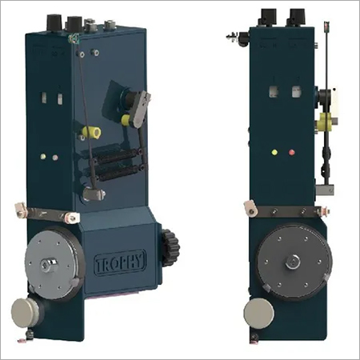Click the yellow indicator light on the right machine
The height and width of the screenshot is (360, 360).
pyautogui.click(x=274, y=150)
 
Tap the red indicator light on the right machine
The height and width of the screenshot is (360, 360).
pyautogui.click(x=292, y=150)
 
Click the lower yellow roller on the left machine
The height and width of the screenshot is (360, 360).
pyautogui.click(x=85, y=132)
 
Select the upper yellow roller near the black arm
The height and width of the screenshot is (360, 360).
pyautogui.click(x=126, y=120)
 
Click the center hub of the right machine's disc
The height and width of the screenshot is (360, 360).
pyautogui.click(x=293, y=260)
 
